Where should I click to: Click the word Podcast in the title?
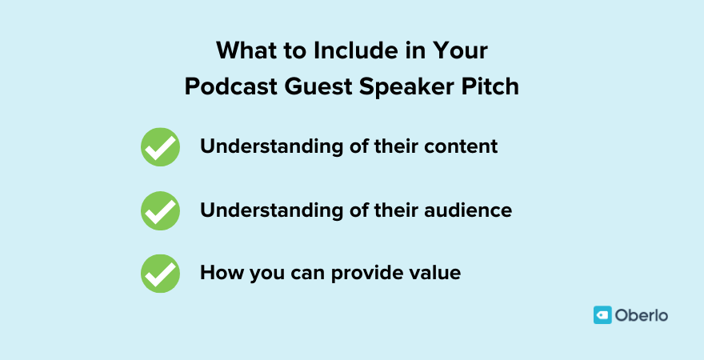coord(229,86)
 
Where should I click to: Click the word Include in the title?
coord(350,52)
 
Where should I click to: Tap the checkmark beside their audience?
coord(160,211)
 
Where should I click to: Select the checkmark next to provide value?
coord(160,274)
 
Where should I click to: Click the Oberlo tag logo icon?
coord(602,315)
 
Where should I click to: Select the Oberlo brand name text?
coord(642,315)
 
